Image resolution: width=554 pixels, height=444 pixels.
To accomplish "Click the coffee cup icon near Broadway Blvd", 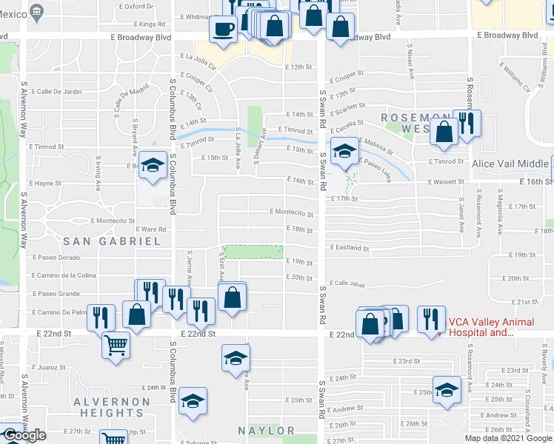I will [x=223, y=30].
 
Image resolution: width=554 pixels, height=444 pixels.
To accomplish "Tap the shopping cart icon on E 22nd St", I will [x=116, y=344].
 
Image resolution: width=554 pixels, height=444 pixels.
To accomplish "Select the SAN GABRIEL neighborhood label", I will [x=111, y=241].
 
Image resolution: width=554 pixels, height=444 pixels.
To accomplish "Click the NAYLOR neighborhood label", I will [x=266, y=430].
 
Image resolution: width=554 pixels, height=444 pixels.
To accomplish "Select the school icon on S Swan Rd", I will [x=343, y=152].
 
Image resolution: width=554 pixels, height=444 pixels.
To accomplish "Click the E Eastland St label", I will [x=350, y=247].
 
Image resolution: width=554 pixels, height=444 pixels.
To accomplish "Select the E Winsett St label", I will [x=444, y=181].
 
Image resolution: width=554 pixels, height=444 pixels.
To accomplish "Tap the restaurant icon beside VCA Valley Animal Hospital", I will [x=430, y=319].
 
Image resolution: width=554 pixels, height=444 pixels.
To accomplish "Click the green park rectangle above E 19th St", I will [x=253, y=252].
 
